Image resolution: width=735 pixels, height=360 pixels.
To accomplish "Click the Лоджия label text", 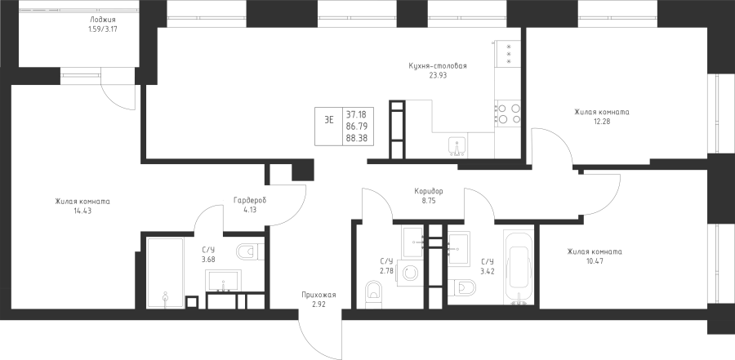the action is click(x=102, y=20).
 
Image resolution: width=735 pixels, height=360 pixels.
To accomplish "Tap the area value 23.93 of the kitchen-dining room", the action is click(x=438, y=74).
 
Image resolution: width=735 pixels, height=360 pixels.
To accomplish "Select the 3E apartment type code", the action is click(x=329, y=119).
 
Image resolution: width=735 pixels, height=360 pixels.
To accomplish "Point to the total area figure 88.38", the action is click(x=357, y=138).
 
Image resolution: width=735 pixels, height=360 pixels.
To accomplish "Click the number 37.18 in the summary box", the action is click(x=357, y=113).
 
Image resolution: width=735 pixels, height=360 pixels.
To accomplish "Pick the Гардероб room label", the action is click(x=250, y=201).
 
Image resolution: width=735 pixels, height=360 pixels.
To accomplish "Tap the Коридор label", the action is click(x=429, y=191).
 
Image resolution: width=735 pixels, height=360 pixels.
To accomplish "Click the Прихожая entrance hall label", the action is click(x=318, y=295).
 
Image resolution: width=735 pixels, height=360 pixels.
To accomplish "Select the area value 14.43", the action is click(x=82, y=211).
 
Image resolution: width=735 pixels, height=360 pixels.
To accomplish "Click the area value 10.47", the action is click(x=595, y=260).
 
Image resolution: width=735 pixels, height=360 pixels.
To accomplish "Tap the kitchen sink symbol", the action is click(x=457, y=146).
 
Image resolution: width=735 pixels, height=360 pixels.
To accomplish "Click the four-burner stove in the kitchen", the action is click(x=508, y=113).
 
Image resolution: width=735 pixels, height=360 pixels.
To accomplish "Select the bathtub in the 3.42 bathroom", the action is click(x=519, y=266).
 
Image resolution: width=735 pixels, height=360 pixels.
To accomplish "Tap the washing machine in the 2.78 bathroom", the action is click(x=410, y=273).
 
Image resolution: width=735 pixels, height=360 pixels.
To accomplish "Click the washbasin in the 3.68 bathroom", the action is click(x=224, y=280).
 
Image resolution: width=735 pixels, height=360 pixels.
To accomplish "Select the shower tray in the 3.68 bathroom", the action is click(x=165, y=273).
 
